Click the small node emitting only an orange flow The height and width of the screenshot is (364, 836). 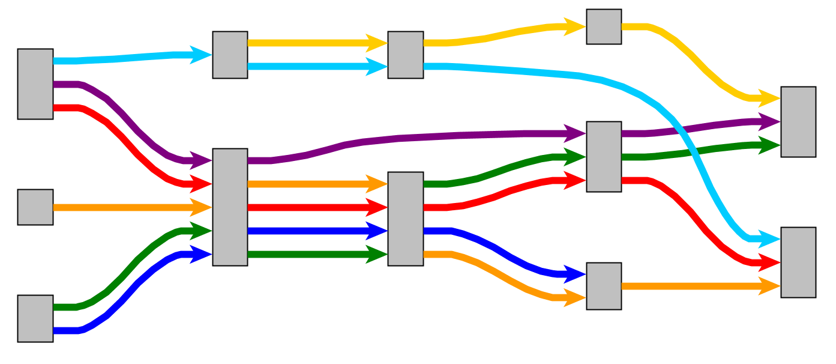[x=35, y=207]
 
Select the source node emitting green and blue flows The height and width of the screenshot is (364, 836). [x=35, y=318]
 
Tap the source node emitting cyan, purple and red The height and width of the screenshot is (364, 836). [x=35, y=84]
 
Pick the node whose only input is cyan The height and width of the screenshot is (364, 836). [x=230, y=55]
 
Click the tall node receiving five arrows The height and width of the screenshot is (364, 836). [x=230, y=207]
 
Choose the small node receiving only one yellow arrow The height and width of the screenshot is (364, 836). [x=604, y=26]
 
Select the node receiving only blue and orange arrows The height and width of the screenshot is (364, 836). [x=604, y=286]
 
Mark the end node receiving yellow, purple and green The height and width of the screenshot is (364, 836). [x=798, y=122]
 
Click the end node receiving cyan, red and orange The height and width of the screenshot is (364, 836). [x=798, y=262]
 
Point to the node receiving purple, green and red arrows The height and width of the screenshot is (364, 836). [x=604, y=157]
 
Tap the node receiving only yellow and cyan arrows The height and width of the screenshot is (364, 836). [x=406, y=55]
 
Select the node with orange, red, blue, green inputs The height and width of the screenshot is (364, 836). [x=406, y=219]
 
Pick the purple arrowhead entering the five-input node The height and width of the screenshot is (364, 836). [x=201, y=160]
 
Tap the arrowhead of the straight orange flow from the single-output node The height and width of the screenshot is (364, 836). [x=201, y=207]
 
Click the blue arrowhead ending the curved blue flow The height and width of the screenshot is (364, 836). [x=575, y=275]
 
